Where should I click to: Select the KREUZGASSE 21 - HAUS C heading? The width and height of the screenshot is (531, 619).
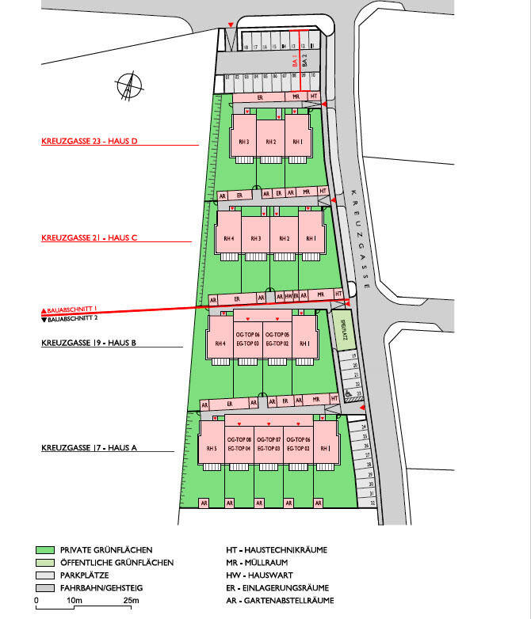point(90,237)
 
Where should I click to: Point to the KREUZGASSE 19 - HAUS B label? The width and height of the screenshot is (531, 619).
point(90,343)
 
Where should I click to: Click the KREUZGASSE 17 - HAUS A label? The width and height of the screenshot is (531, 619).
point(90,448)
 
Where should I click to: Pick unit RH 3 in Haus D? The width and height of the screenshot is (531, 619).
point(243,142)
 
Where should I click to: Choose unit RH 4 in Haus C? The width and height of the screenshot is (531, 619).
point(229,238)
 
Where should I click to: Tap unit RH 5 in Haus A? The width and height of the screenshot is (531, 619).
point(212,449)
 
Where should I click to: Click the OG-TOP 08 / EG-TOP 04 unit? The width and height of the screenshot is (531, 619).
point(239,444)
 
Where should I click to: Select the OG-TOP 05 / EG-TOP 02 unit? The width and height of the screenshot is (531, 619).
point(277,340)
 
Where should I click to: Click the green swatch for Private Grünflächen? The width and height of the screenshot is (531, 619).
point(44,549)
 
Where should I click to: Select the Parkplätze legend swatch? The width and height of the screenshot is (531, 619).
point(44,575)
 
